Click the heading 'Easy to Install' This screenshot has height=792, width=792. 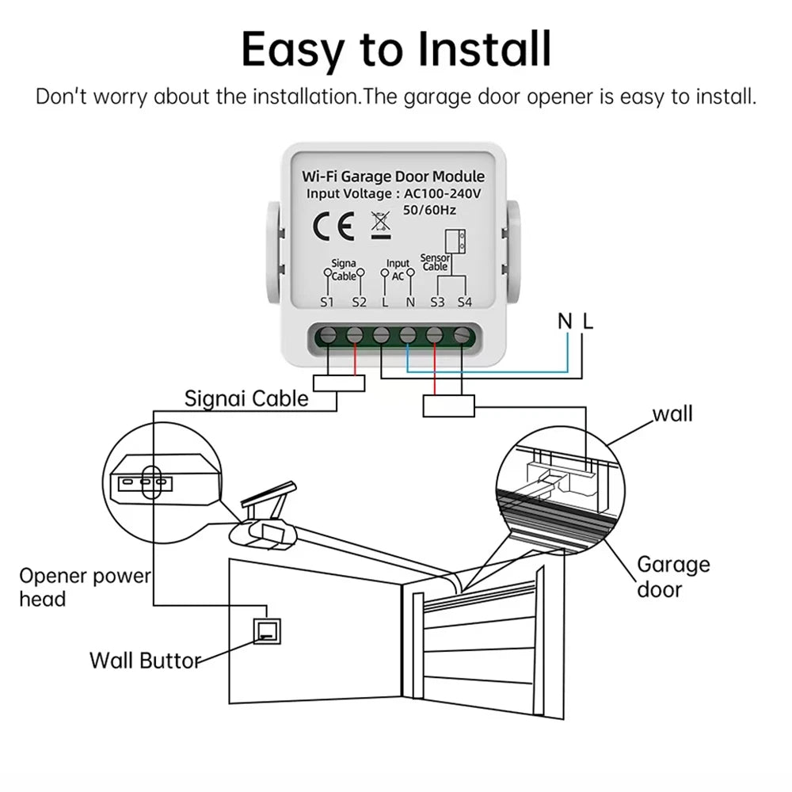pyautogui.click(x=396, y=49)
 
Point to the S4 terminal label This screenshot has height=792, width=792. pyautogui.click(x=463, y=302)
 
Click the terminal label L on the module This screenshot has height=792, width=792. pyautogui.click(x=385, y=302)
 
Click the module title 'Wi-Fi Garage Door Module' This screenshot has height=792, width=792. pyautogui.click(x=394, y=177)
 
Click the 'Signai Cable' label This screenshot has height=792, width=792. pyautogui.click(x=246, y=398)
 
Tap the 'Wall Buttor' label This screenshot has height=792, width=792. pyautogui.click(x=145, y=660)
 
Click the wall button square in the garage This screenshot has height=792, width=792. pyautogui.click(x=265, y=631)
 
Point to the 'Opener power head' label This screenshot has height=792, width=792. pyautogui.click(x=84, y=587)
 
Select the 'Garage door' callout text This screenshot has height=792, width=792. pyautogui.click(x=673, y=577)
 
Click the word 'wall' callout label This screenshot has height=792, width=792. pyautogui.click(x=672, y=413)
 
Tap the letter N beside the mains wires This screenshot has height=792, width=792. pyautogui.click(x=565, y=321)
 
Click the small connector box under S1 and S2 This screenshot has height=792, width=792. pyautogui.click(x=339, y=383)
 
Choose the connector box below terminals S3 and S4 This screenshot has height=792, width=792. pyautogui.click(x=448, y=406)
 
